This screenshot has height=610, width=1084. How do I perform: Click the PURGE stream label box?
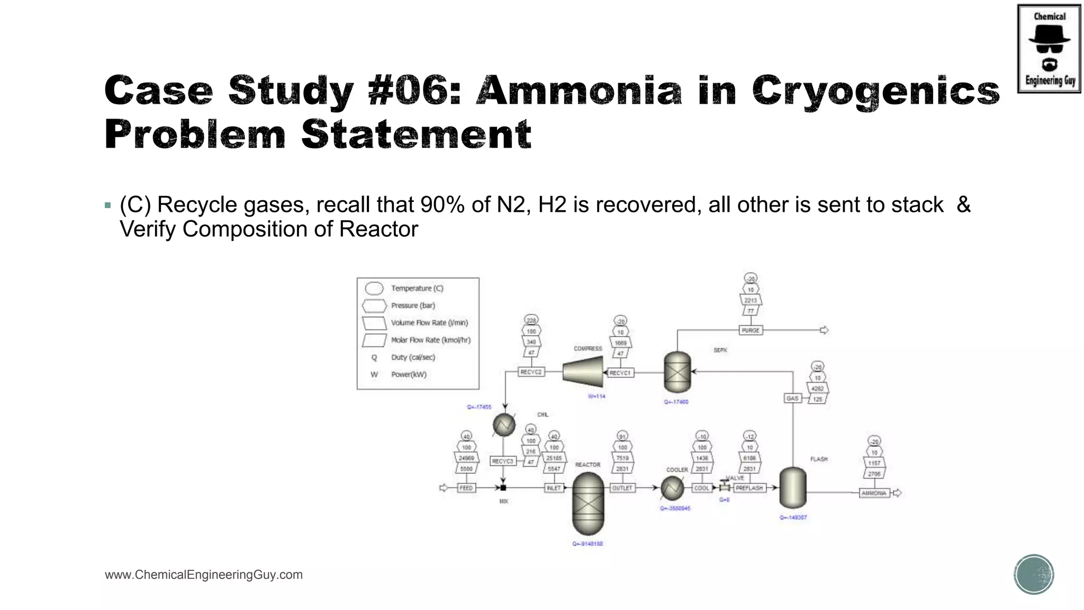tap(751, 330)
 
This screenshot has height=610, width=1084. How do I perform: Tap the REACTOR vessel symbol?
tap(588, 504)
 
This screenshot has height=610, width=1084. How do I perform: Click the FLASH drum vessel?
tap(792, 488)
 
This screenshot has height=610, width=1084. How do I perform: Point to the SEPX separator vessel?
tap(677, 372)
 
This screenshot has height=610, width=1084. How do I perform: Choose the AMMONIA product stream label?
tap(874, 493)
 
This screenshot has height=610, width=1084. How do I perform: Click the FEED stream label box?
tap(466, 488)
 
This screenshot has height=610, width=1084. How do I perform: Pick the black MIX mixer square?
tap(503, 488)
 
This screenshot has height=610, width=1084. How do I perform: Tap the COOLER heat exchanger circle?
tap(672, 488)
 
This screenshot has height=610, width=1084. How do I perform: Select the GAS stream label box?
tap(792, 398)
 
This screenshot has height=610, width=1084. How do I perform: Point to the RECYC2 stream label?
tap(531, 372)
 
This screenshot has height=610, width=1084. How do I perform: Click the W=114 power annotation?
tap(597, 396)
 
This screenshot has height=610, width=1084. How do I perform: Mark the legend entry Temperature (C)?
tap(417, 289)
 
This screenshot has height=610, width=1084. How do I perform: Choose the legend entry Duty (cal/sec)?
tap(413, 357)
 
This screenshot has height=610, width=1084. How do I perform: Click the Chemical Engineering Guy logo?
tap(1049, 49)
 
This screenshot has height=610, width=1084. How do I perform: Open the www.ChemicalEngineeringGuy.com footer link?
tap(204, 575)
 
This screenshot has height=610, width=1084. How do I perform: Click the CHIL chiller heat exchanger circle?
tap(504, 425)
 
